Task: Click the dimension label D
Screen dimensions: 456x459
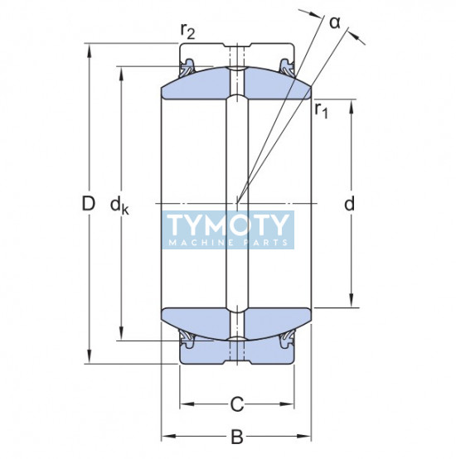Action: pyautogui.click(x=88, y=204)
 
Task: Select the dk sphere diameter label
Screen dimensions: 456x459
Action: pyautogui.click(x=119, y=205)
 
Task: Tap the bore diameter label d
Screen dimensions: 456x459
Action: pyautogui.click(x=349, y=204)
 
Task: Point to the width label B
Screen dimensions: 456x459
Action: pyautogui.click(x=237, y=437)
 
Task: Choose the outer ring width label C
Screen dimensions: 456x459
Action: pyautogui.click(x=237, y=404)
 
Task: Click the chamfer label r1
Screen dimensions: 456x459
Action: pyautogui.click(x=322, y=110)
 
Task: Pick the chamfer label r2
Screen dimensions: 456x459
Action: pyautogui.click(x=187, y=31)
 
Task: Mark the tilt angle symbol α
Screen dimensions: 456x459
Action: pyautogui.click(x=335, y=23)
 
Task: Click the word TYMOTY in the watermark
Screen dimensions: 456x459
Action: pyautogui.click(x=227, y=225)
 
